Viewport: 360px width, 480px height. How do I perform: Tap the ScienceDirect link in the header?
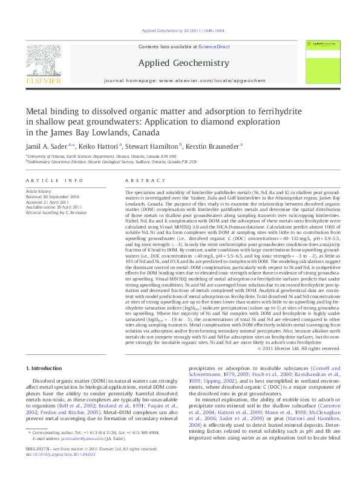[214, 47]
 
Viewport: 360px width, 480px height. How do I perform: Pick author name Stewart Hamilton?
[155, 146]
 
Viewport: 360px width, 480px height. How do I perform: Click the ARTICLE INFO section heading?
[54, 181]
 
